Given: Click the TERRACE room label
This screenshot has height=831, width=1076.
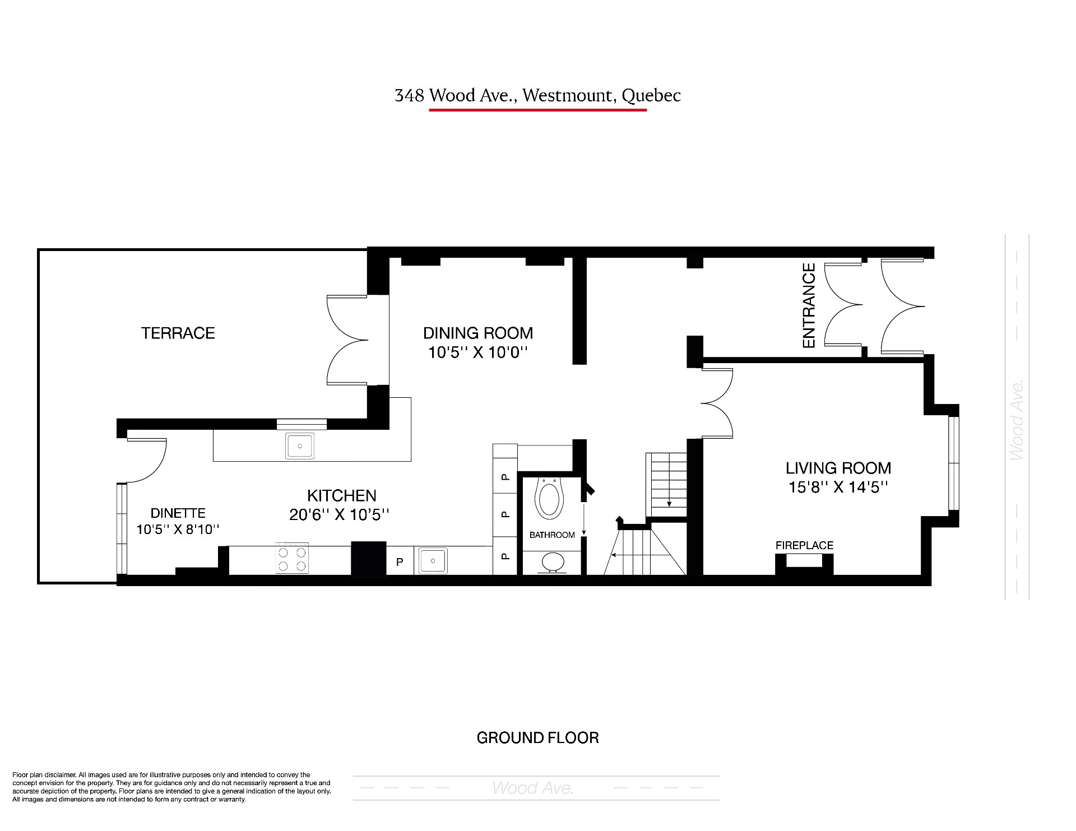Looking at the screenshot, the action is point(178,333).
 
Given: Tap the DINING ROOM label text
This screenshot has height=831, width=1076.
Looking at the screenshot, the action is point(478,333).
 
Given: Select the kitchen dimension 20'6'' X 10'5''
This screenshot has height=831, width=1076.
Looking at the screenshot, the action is point(340,514).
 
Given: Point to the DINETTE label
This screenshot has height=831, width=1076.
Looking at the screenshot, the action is point(178,513).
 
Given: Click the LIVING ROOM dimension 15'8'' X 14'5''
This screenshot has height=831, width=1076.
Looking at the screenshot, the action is point(838,487).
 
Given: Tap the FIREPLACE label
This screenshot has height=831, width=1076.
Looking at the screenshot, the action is point(804,545).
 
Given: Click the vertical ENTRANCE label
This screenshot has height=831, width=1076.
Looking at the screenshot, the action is point(809,306).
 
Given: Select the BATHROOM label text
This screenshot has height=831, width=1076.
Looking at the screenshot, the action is point(552,535).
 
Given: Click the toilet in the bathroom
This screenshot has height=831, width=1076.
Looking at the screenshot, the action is point(549,498).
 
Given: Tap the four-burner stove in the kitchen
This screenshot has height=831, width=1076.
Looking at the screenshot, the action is point(292,558).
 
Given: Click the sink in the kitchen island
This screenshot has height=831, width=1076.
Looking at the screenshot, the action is point(300,446).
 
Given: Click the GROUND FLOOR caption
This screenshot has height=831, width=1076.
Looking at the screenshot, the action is point(537,738).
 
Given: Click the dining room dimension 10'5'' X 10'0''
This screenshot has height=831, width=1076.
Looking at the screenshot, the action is point(479,353).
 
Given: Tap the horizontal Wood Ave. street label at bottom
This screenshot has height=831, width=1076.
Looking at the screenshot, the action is point(533,788).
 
